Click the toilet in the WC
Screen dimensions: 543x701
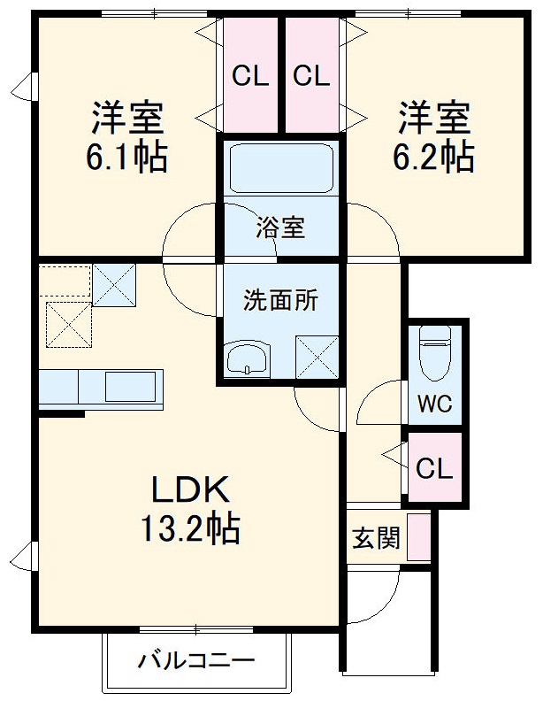pyautogui.click(x=435, y=353)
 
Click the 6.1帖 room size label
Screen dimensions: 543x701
pyautogui.click(x=126, y=158)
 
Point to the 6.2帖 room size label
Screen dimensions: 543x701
pyautogui.click(x=433, y=157)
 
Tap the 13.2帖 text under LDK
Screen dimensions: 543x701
pyautogui.click(x=191, y=528)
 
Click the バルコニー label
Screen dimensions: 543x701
pyautogui.click(x=196, y=660)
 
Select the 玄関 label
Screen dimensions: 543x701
pyautogui.click(x=376, y=538)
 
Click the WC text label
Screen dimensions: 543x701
pyautogui.click(x=434, y=404)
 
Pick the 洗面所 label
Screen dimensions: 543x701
pyautogui.click(x=280, y=299)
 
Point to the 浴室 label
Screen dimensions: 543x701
pyautogui.click(x=280, y=227)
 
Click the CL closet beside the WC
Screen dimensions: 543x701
pyautogui.click(x=435, y=466)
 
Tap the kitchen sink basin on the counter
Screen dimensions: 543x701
pyautogui.click(x=130, y=387)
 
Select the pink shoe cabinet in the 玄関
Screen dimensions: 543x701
pyautogui.click(x=418, y=537)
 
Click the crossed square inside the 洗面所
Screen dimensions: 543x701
pyautogui.click(x=317, y=357)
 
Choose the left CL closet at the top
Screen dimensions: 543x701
pyautogui.click(x=250, y=75)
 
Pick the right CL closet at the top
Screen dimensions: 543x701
pyautogui.click(x=311, y=75)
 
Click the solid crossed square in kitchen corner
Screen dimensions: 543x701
pyautogui.click(x=114, y=285)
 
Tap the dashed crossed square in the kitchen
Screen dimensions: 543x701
pyautogui.click(x=69, y=325)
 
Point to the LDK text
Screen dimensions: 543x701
pyautogui.click(x=191, y=489)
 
